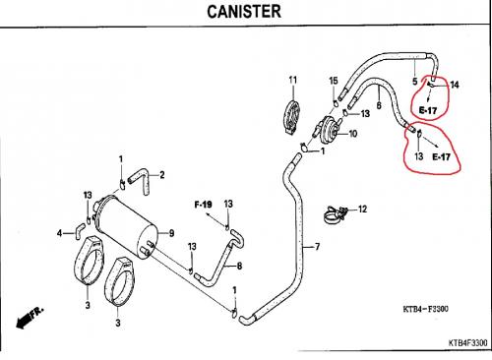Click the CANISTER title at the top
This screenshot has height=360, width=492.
click(244, 12)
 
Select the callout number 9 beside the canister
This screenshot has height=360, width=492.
click(171, 233)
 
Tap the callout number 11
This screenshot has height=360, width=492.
click(293, 80)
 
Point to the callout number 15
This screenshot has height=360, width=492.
click(334, 81)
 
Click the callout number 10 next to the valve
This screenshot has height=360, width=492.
click(352, 134)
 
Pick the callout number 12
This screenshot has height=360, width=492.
click(362, 209)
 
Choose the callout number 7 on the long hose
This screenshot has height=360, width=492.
click(317, 247)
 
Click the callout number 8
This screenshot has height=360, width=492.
click(239, 266)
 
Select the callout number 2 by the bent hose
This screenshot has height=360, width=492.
click(162, 175)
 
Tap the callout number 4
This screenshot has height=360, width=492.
click(59, 233)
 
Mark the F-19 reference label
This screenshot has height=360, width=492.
click(203, 205)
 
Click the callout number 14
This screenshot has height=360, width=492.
click(455, 85)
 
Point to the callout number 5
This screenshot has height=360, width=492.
click(415, 81)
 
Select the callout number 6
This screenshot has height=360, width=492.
click(379, 105)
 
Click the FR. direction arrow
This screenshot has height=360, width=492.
click(30, 318)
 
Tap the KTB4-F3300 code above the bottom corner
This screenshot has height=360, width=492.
click(425, 309)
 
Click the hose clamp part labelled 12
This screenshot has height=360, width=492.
click(336, 214)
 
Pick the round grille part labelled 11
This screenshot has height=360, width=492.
click(291, 117)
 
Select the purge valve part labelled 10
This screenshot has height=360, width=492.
click(328, 130)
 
